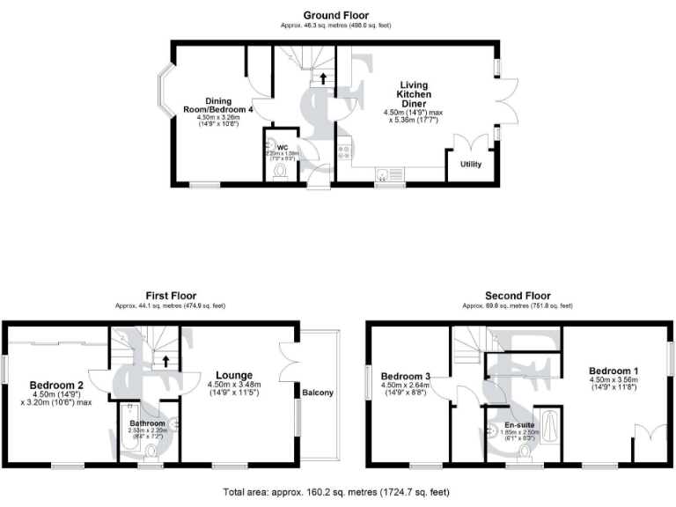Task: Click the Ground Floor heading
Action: click(x=336, y=15)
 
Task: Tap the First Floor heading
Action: click(x=171, y=296)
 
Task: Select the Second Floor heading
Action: click(x=518, y=296)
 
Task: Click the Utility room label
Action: click(x=471, y=165)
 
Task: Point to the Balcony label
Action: click(x=318, y=393)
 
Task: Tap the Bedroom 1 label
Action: click(x=614, y=371)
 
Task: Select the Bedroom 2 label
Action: click(x=56, y=385)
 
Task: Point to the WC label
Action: click(x=283, y=146)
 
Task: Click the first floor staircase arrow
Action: click(x=165, y=361)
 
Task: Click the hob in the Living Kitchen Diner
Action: click(x=344, y=153)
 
